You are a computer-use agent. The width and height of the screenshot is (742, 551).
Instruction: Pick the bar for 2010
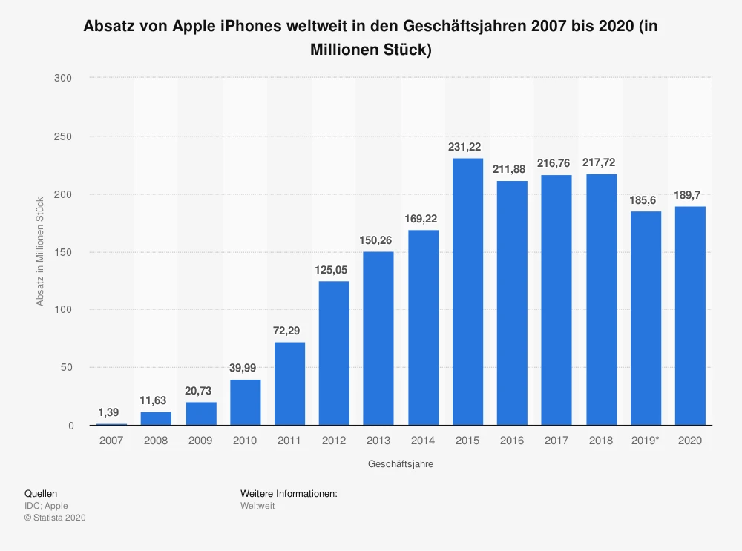245,403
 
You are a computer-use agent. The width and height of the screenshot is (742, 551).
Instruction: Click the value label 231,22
467,147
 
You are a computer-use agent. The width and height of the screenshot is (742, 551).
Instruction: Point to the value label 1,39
111,412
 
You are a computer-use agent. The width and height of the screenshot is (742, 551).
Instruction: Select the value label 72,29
289,331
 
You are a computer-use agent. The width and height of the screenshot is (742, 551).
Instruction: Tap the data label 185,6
646,200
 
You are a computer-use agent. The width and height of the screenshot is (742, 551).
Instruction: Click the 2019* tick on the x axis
646,441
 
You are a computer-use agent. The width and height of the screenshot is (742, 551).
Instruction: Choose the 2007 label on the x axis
111,441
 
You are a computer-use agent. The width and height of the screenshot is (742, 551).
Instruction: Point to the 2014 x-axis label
423,441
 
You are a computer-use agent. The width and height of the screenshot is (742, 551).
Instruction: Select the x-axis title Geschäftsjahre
401,464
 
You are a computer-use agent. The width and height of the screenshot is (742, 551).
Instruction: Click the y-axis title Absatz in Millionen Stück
40,251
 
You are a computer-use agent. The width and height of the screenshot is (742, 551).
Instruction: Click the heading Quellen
41,493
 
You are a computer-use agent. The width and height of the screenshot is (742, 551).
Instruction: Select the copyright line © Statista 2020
55,518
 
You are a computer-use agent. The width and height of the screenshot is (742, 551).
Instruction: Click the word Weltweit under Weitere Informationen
257,506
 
